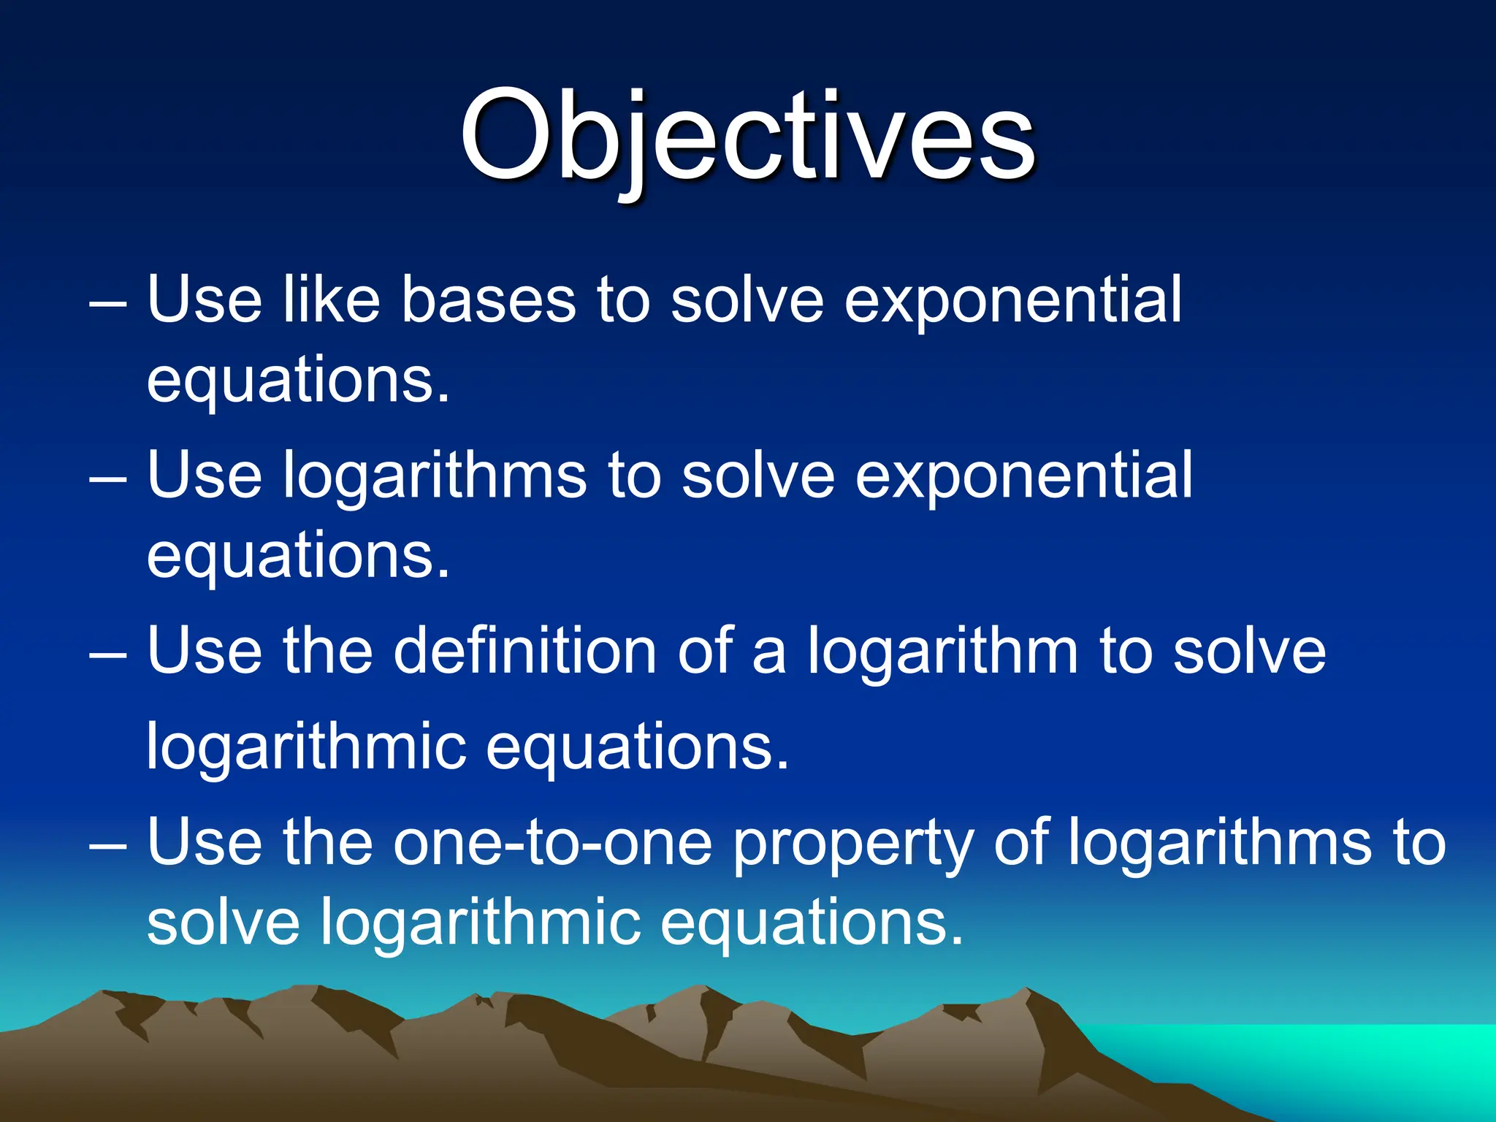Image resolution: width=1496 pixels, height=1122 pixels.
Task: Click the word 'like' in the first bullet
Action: click(332, 299)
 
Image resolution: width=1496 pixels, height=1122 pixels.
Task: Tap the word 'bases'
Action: click(488, 299)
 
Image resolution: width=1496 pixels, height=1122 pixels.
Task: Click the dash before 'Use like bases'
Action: click(108, 303)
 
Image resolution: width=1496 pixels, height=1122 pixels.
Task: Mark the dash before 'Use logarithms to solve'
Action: click(108, 479)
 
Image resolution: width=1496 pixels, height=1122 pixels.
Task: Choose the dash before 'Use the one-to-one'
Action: click(108, 846)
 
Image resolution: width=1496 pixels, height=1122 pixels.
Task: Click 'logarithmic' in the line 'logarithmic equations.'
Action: click(306, 749)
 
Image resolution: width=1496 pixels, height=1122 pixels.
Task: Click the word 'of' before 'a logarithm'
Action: click(705, 650)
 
